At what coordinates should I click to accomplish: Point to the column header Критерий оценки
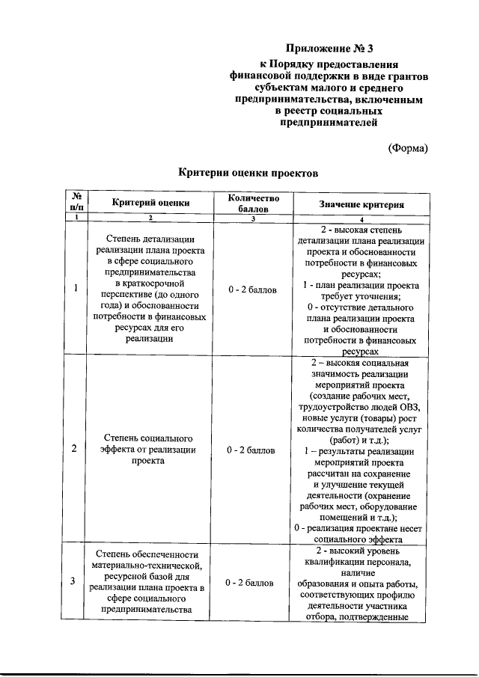pyautogui.click(x=151, y=202)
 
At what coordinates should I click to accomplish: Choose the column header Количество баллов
pyautogui.click(x=251, y=202)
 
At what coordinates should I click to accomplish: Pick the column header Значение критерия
pyautogui.click(x=361, y=203)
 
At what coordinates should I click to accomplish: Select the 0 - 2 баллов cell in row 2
pyautogui.click(x=251, y=450)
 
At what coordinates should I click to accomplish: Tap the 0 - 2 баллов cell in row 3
pyautogui.click(x=251, y=582)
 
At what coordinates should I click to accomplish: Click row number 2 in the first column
pyautogui.click(x=74, y=450)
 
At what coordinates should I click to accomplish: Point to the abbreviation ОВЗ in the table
pyautogui.click(x=408, y=406)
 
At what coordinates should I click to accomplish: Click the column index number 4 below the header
pyautogui.click(x=361, y=218)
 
